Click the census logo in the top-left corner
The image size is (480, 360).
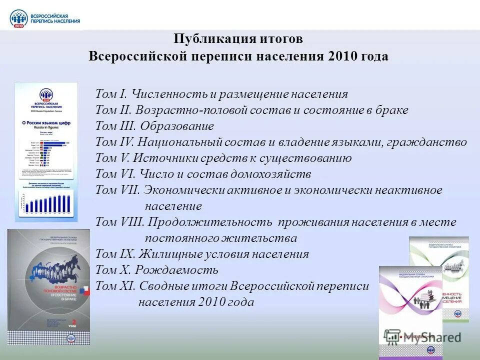pyautogui.click(x=44, y=18)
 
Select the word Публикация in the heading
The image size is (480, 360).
pyautogui.click(x=205, y=39)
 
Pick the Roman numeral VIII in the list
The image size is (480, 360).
pyautogui.click(x=132, y=222)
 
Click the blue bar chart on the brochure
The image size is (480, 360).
pyautogui.click(x=46, y=202)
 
